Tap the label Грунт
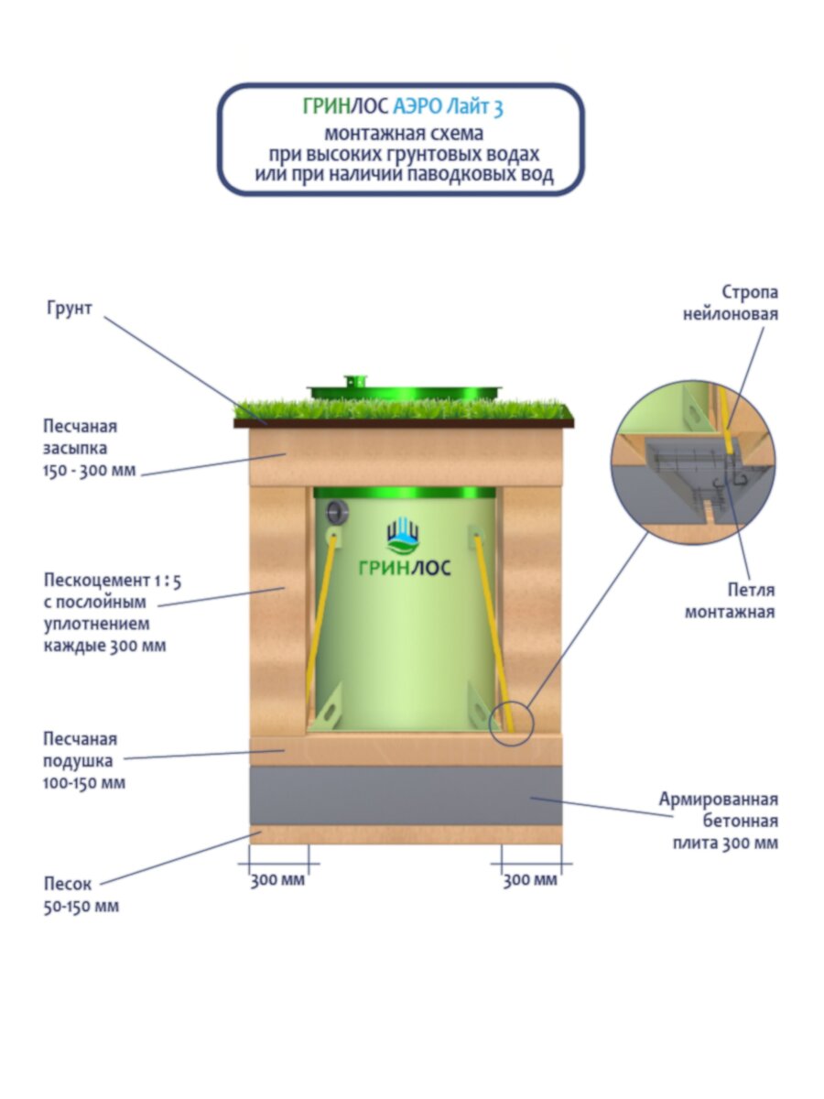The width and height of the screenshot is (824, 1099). (70, 309)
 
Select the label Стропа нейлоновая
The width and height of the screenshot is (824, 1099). (731, 303)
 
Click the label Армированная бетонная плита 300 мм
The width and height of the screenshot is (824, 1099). (719, 821)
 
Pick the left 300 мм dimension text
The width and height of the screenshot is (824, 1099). (277, 880)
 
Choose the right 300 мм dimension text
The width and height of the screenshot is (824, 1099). (530, 880)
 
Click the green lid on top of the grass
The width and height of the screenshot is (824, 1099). (405, 390)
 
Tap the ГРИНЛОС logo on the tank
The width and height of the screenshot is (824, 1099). (404, 549)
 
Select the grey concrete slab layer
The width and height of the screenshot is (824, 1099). (406, 795)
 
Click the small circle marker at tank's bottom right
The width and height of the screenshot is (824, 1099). (510, 723)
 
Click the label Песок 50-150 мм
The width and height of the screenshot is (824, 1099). (81, 895)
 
